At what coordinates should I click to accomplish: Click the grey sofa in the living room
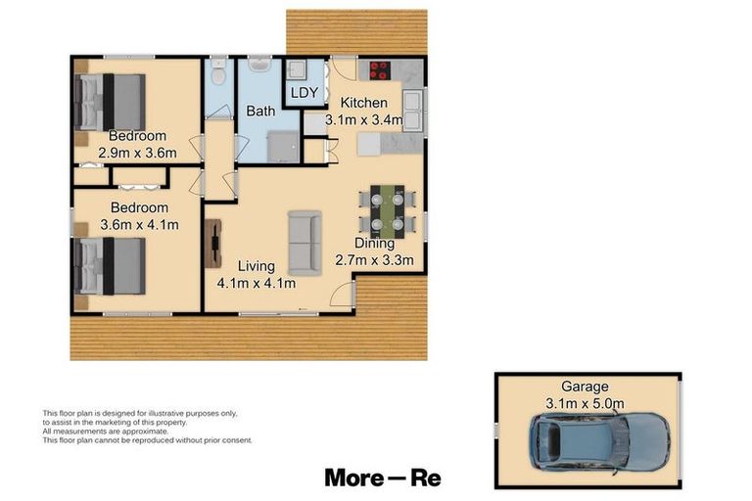pyautogui.click(x=303, y=242)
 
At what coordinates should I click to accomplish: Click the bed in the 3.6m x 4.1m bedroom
pyautogui.click(x=110, y=267)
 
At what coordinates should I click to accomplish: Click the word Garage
pyautogui.click(x=586, y=387)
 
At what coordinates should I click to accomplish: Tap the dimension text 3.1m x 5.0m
pyautogui.click(x=586, y=402)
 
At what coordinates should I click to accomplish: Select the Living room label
pyautogui.click(x=256, y=266)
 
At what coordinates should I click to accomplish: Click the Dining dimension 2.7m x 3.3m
pyautogui.click(x=375, y=260)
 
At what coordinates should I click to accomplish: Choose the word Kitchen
pyautogui.click(x=363, y=103)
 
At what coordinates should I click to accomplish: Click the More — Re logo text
pyautogui.click(x=383, y=478)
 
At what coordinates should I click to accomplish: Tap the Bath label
pyautogui.click(x=260, y=112)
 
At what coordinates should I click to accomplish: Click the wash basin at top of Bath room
pyautogui.click(x=260, y=67)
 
